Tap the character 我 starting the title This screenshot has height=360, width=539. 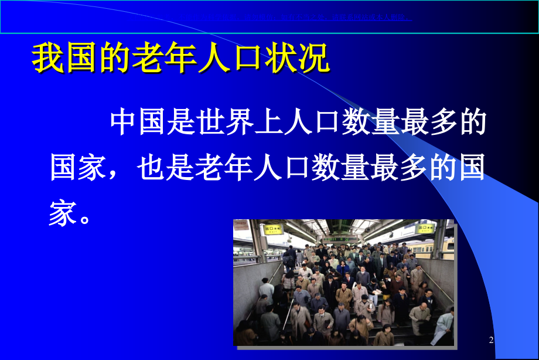click(46, 59)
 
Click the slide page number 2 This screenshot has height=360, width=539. click(492, 340)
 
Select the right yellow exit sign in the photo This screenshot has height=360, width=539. click(425, 229)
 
